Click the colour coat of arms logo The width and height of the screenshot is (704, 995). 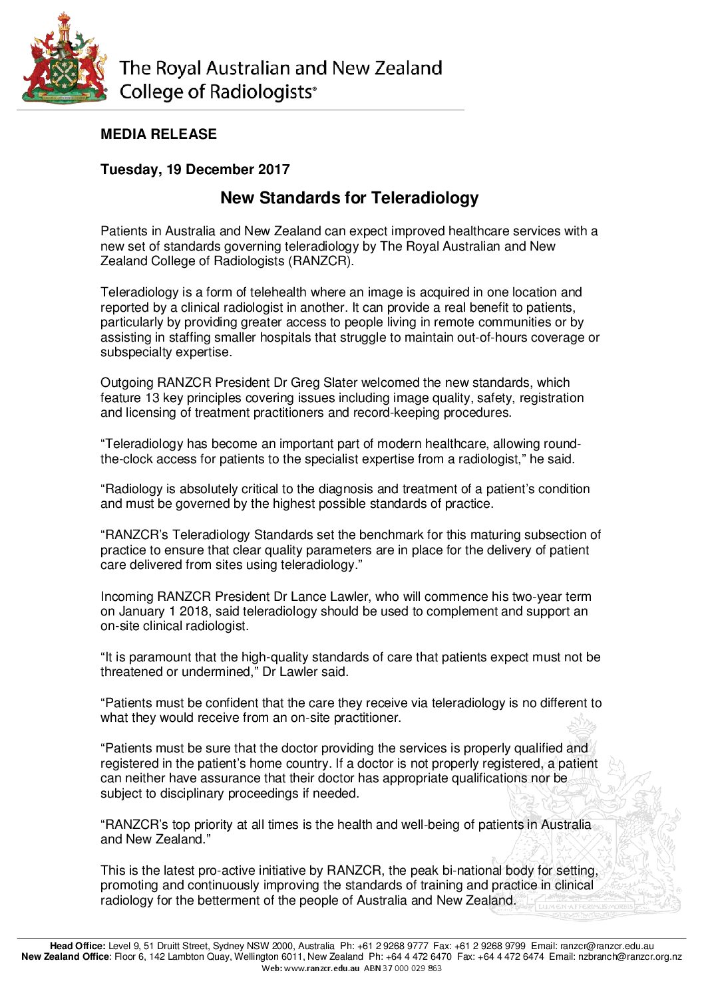pos(64,58)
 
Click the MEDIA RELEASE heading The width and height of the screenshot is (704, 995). pos(158,134)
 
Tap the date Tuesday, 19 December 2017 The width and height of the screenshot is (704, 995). pos(195,169)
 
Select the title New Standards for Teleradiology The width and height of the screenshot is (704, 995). pos(349,198)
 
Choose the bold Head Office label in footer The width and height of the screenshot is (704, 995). pos(77,946)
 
